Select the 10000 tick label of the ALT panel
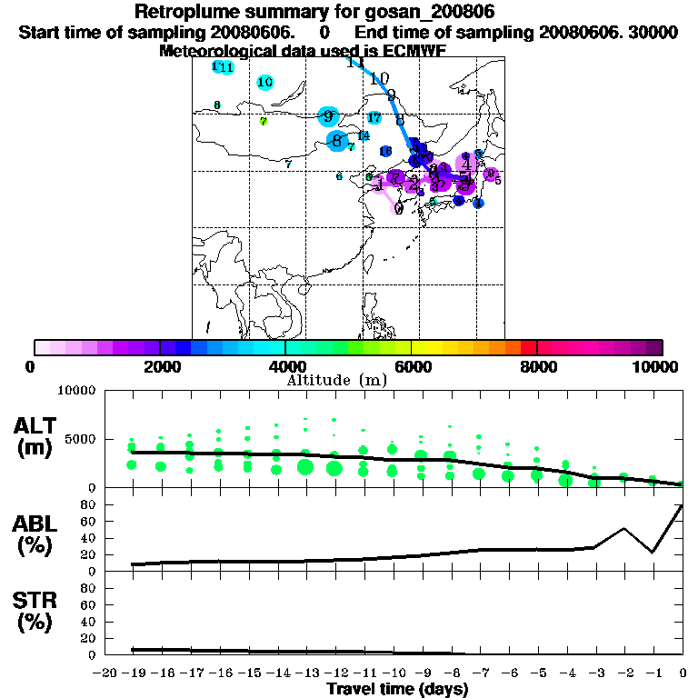(75, 391)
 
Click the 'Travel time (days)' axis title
(397, 689)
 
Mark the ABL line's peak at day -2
(624, 528)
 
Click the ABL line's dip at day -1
(653, 552)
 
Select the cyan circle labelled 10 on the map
(265, 83)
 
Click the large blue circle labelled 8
(337, 141)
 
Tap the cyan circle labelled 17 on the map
(374, 117)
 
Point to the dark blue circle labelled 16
(385, 152)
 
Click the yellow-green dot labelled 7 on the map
(263, 121)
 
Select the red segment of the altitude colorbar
(527, 347)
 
